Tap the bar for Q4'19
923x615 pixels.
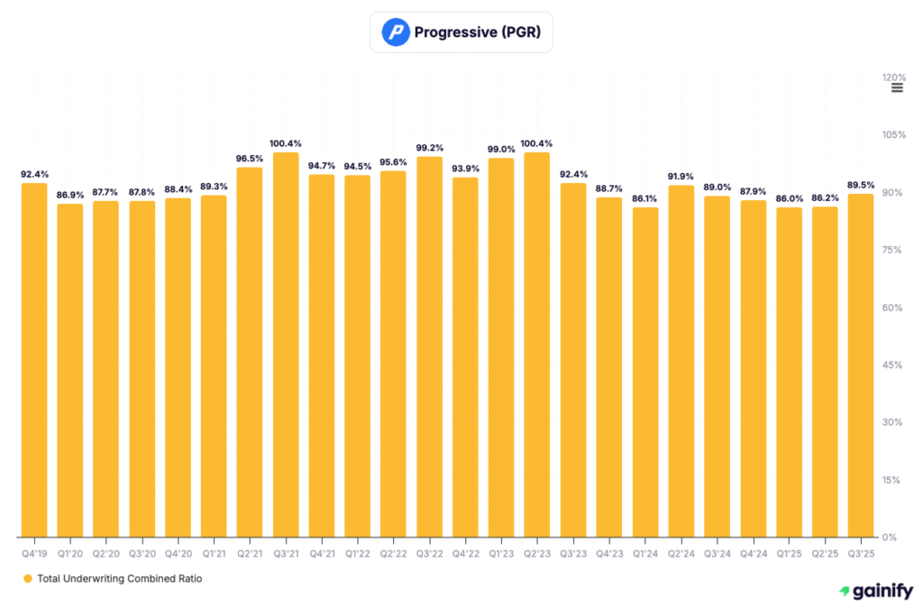(34, 360)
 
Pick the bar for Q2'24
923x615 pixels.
(681, 361)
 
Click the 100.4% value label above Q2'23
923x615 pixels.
(538, 143)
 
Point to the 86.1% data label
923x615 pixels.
(645, 198)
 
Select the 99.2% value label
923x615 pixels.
(430, 148)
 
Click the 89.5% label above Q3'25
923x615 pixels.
(861, 185)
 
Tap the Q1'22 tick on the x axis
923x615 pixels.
(358, 552)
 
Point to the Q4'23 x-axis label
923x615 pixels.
(609, 552)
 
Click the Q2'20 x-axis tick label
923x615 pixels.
(106, 552)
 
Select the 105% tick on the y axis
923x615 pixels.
(893, 134)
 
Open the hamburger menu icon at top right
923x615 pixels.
(897, 88)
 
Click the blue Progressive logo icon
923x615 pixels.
(395, 32)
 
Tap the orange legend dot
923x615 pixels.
(27, 578)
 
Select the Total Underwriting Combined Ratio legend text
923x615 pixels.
(120, 578)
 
